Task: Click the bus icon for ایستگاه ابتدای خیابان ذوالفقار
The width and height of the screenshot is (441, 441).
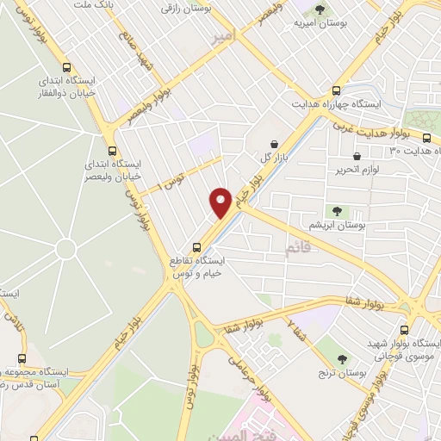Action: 67,67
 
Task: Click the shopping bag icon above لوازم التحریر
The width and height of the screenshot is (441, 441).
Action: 357,156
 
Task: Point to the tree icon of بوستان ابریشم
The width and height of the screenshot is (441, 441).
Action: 337,210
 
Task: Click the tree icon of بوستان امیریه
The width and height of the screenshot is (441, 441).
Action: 320,10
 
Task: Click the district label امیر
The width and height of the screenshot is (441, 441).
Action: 222,37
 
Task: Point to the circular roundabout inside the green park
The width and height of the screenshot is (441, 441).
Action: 65,251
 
